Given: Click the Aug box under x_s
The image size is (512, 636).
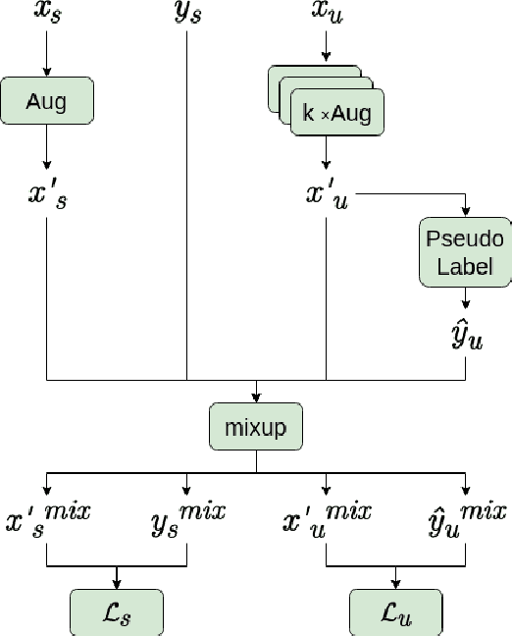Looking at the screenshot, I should (47, 101).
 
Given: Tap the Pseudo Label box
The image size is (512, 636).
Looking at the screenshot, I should (464, 251).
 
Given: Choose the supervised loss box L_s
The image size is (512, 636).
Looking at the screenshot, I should (117, 613).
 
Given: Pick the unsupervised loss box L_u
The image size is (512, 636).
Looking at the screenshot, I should (396, 613).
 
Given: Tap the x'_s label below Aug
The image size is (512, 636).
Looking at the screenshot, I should (47, 193).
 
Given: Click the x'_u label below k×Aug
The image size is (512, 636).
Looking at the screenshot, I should (327, 193).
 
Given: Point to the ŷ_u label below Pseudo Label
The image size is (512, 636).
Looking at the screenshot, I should (464, 336).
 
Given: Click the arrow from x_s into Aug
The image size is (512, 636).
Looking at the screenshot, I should (46, 59).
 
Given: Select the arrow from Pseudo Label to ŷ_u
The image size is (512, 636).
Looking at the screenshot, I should (464, 300).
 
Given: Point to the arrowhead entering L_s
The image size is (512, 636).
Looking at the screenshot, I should (117, 586).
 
